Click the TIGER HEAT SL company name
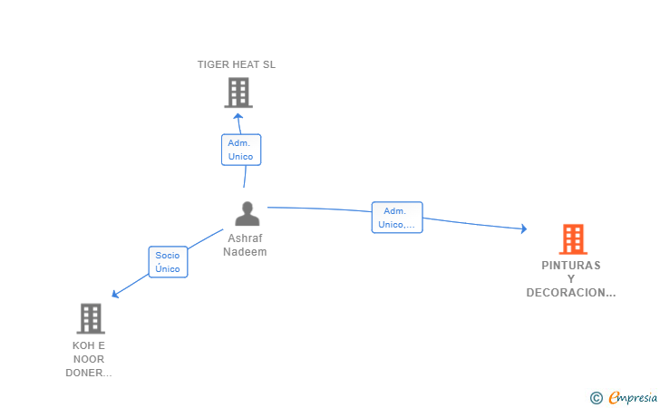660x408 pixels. [x=237, y=64]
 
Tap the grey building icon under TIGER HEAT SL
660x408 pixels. [x=238, y=92]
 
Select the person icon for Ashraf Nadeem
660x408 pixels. [x=247, y=213]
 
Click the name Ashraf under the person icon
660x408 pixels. [x=245, y=238]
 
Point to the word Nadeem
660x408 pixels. [x=245, y=252]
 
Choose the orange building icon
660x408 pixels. [x=573, y=239]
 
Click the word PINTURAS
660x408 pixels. [x=571, y=266]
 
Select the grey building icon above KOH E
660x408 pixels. [x=91, y=318]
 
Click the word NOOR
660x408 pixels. [x=89, y=359]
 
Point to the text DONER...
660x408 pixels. [x=84, y=373]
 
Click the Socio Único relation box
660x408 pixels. [x=168, y=262]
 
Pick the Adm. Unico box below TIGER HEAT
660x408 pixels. [x=241, y=150]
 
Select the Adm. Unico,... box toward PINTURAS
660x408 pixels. [x=397, y=218]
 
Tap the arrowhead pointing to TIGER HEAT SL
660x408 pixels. [x=238, y=116]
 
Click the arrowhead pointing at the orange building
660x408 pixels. [x=523, y=228]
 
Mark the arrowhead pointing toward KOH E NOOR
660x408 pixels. [x=115, y=294]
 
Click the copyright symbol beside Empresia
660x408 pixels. [x=597, y=398]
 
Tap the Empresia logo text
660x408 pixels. [x=633, y=397]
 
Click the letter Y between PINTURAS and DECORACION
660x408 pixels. [x=571, y=279]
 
